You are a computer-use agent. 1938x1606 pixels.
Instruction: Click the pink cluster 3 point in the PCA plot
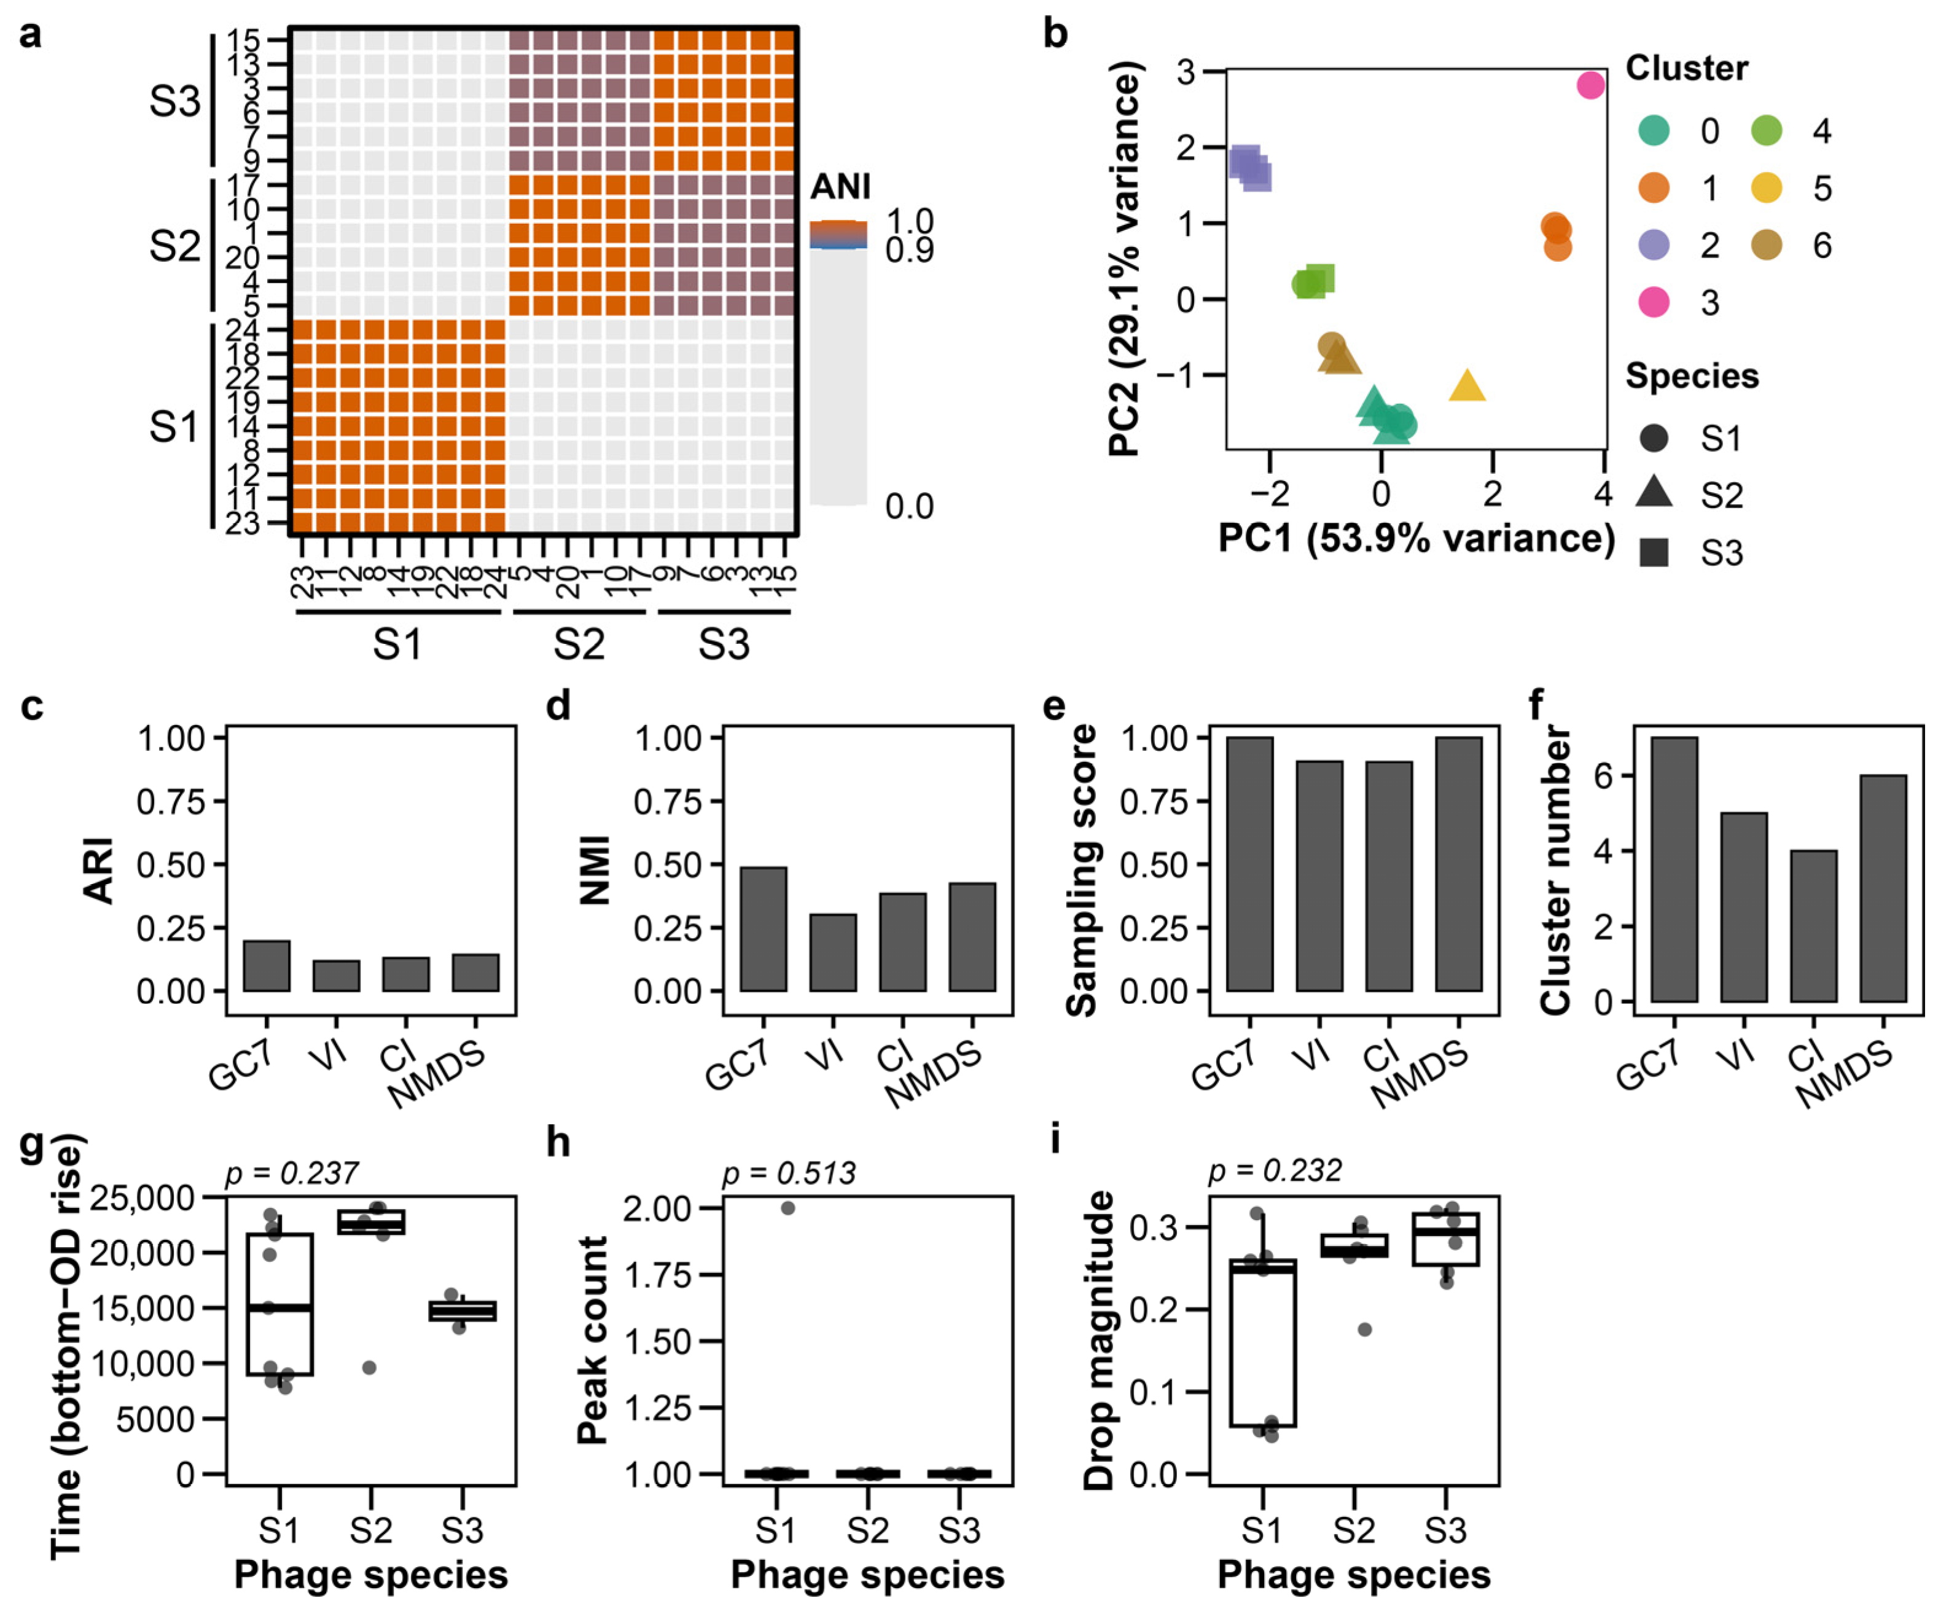point(1590,85)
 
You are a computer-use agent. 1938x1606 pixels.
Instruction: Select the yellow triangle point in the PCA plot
point(1467,386)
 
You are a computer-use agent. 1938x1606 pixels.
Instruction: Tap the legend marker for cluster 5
point(1767,188)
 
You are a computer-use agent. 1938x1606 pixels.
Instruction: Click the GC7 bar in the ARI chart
point(267,965)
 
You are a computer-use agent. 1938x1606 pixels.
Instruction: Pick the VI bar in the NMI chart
point(834,952)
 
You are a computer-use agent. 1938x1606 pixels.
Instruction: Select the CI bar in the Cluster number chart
point(1813,926)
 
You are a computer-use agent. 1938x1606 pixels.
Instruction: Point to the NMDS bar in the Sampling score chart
point(1459,864)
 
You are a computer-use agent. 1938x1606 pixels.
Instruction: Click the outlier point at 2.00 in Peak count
point(787,1208)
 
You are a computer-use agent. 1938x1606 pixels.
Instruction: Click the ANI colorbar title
point(840,187)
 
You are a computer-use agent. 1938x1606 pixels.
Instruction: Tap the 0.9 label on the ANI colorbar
point(909,251)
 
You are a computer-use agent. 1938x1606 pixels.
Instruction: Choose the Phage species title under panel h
point(867,1575)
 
